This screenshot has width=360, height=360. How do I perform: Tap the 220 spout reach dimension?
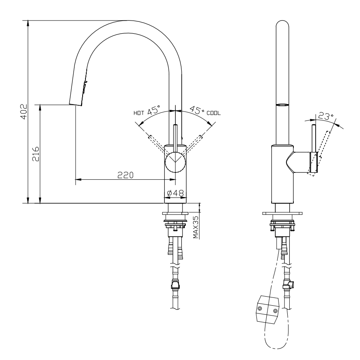point(125,175)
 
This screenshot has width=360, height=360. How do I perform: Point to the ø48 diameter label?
point(175,193)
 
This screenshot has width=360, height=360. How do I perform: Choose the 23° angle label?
point(326,117)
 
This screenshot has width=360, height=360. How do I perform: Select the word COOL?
point(213,112)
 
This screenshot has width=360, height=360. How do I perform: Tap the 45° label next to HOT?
point(154,111)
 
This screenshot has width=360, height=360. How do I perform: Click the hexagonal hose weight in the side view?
point(267,309)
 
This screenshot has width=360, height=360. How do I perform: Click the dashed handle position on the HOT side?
point(156,142)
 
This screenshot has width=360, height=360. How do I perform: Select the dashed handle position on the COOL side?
point(195,142)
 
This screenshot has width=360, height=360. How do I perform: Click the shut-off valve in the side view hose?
point(289,283)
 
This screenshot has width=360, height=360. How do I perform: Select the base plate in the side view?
point(283,214)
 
